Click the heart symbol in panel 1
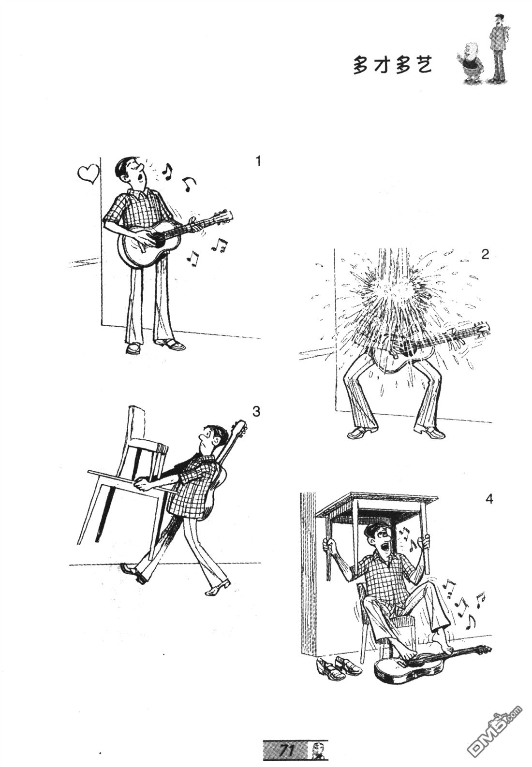[89, 174]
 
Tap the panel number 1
[259, 161]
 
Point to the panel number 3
[256, 412]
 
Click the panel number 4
[489, 500]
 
